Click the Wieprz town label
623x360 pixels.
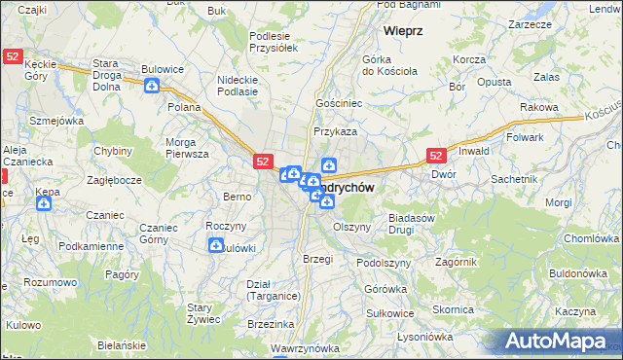pyautogui.click(x=402, y=30)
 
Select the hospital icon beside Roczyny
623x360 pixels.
pyautogui.click(x=214, y=246)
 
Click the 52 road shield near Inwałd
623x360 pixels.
pyautogui.click(x=435, y=155)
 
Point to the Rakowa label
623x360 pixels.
pyautogui.click(x=537, y=107)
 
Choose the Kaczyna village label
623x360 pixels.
pyautogui.click(x=576, y=311)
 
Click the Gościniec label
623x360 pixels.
pyautogui.click(x=338, y=102)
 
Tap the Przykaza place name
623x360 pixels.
pyautogui.click(x=335, y=130)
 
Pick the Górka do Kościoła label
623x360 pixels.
pyautogui.click(x=389, y=64)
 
